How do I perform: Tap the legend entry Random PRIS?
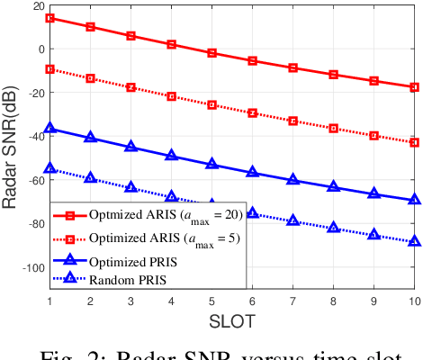click(128, 280)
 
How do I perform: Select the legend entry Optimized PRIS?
click(134, 260)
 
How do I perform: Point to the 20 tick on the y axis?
click(36, 5)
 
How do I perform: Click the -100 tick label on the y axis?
click(32, 268)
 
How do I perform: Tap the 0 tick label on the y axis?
click(40, 49)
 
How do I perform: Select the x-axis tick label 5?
click(211, 300)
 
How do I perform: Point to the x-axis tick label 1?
click(49, 300)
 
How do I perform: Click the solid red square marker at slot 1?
click(49, 18)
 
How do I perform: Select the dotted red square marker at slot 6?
click(253, 113)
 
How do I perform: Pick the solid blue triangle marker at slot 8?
click(334, 186)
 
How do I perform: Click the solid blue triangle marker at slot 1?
click(49, 129)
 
